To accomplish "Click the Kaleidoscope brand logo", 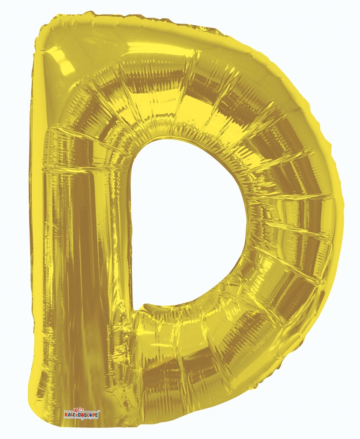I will point(81,414).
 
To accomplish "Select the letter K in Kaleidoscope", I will point(66,415).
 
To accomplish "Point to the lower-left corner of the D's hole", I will point(134,308).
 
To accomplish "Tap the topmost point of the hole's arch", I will point(171,138).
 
